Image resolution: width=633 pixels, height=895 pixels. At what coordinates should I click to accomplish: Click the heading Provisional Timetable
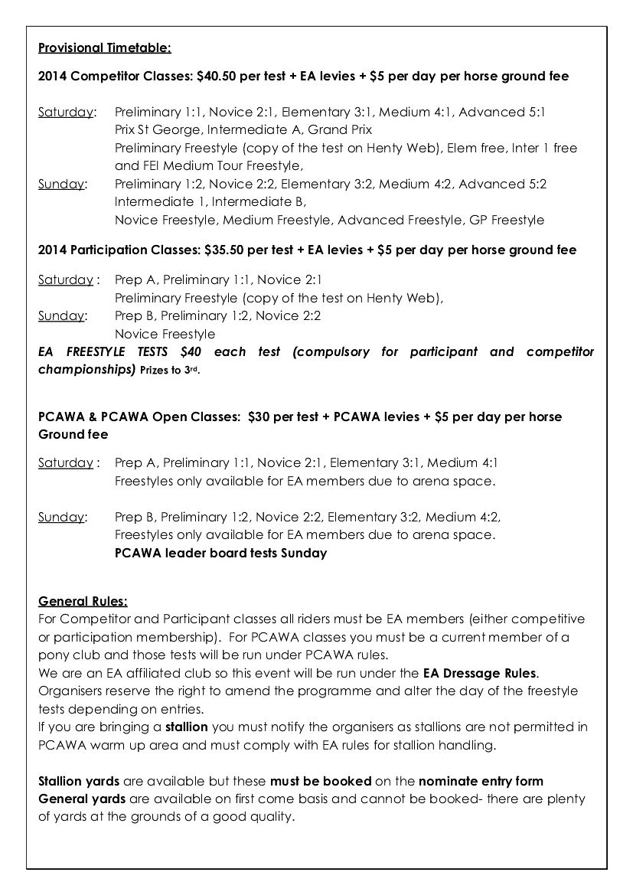(105, 48)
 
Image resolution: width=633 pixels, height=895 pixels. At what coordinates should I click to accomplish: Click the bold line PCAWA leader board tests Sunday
(220, 553)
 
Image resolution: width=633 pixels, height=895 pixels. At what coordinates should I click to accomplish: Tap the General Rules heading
(83, 601)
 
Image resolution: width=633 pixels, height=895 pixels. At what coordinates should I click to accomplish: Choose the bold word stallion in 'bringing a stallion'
(187, 726)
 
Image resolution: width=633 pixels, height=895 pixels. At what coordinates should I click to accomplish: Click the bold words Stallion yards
(79, 781)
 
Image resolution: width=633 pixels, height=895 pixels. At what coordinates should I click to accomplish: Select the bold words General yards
(83, 799)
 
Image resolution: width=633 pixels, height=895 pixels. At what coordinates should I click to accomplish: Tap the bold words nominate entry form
(481, 781)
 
